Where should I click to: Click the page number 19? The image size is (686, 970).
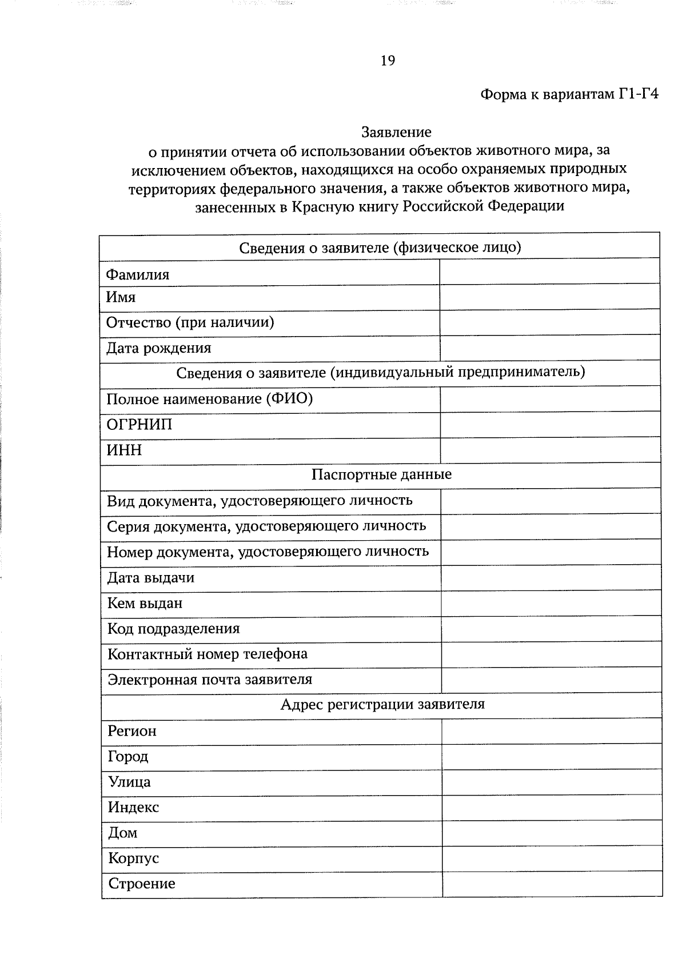point(387,61)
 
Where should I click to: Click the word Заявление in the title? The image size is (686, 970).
point(396,133)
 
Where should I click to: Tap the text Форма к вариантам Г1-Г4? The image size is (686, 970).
point(569,94)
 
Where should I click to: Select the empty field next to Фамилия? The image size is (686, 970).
point(549,273)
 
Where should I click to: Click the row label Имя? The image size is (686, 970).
point(121,297)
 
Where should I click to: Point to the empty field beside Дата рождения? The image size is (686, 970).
point(549,348)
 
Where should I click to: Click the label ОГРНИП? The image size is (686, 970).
point(139,425)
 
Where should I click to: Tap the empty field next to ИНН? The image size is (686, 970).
point(550,450)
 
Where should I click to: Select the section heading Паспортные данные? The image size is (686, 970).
point(381,475)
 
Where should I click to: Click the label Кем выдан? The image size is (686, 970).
point(145,603)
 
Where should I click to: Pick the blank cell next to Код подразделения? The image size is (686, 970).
point(551,629)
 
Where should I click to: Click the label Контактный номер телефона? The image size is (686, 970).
point(208,654)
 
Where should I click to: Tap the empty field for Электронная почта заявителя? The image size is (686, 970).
point(551,680)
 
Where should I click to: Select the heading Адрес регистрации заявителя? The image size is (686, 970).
point(382,705)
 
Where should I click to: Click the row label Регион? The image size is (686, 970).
point(132,731)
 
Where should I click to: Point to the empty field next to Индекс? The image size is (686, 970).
point(552,808)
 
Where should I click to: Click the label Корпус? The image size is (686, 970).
point(134,859)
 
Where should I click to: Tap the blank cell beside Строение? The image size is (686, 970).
point(552,884)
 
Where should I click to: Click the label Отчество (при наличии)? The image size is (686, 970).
point(190,323)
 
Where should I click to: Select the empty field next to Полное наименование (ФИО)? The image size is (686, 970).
point(550,399)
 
